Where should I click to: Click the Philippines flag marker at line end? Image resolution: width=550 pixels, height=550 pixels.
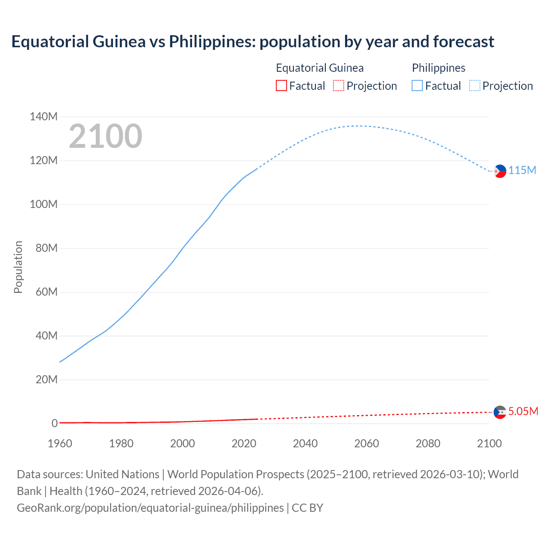click(x=500, y=171)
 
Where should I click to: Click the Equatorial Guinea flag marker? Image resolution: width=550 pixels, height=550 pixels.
click(x=500, y=412)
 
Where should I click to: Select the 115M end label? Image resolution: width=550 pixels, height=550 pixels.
click(x=522, y=171)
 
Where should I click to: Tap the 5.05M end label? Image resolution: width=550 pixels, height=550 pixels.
click(x=523, y=412)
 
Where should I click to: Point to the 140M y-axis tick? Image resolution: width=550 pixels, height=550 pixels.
click(x=43, y=117)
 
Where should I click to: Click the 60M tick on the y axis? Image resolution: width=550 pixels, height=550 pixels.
click(x=46, y=292)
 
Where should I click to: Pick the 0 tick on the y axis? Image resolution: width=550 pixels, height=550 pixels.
click(x=55, y=423)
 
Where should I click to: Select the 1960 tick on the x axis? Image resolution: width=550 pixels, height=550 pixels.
click(x=60, y=443)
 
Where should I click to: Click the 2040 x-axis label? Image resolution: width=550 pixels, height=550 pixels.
click(x=305, y=443)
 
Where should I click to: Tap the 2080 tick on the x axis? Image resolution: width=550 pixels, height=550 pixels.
click(x=428, y=443)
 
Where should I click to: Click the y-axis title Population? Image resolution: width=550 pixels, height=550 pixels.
click(x=18, y=267)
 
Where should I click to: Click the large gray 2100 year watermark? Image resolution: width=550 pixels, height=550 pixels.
click(x=105, y=136)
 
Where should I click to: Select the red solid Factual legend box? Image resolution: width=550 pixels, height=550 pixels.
click(x=281, y=86)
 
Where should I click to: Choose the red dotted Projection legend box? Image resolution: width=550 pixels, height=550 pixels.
click(x=339, y=86)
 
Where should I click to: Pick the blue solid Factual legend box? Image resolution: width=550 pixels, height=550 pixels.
click(x=417, y=86)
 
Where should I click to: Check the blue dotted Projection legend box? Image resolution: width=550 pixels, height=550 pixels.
click(x=475, y=86)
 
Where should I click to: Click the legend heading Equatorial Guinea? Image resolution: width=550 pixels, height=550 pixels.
click(x=320, y=68)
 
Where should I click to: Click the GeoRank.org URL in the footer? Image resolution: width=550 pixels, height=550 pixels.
click(x=150, y=508)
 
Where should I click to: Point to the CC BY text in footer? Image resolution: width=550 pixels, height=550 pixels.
click(x=307, y=508)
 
